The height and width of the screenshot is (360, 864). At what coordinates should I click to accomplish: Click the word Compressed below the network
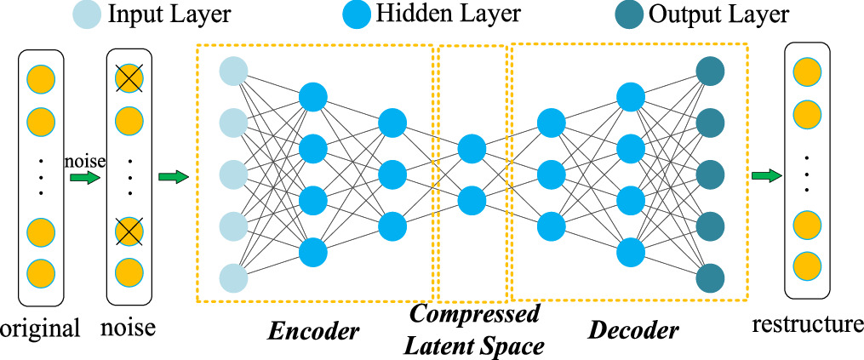[x=474, y=314]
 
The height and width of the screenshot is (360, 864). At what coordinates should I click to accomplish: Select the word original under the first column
[x=40, y=329]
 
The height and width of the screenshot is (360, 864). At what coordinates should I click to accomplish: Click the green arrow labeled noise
[x=86, y=178]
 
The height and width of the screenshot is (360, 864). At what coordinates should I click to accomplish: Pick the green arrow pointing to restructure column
[x=768, y=177]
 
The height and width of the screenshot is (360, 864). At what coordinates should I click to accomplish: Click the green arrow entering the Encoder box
[x=173, y=177]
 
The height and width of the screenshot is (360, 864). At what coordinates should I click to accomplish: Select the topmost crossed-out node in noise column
[x=129, y=79]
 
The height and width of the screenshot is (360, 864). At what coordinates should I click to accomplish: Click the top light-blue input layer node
[x=233, y=71]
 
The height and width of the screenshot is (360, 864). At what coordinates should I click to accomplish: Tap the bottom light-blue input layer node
[x=233, y=278]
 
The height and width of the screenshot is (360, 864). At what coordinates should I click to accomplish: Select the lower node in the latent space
[x=472, y=202]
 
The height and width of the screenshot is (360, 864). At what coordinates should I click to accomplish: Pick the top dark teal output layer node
[x=709, y=71]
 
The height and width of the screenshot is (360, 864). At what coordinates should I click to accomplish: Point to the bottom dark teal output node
[x=709, y=278]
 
